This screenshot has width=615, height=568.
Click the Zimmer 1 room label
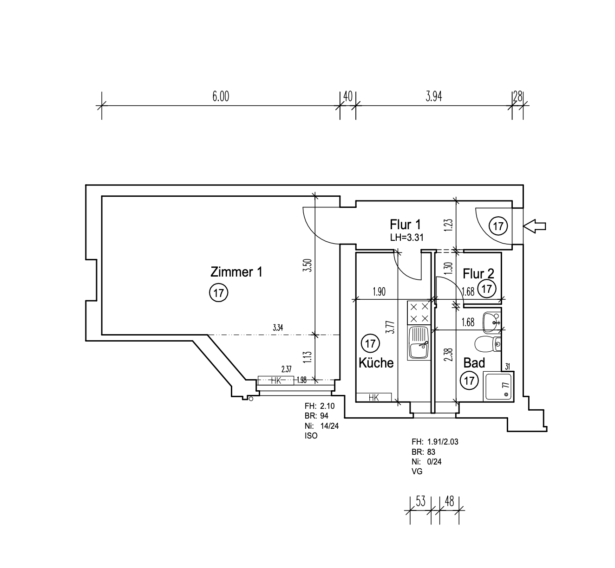coord(236,272)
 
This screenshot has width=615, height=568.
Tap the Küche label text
coord(376,362)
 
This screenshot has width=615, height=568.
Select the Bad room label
coord(474,362)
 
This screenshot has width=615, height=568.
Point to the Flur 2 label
coord(478,273)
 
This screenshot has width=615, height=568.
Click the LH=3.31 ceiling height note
coord(406,237)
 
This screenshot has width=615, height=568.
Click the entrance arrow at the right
coord(535,226)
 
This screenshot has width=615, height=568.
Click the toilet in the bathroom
coord(488,344)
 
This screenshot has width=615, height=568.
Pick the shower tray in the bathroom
coord(498,387)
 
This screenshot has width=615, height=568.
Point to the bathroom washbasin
coord(492,323)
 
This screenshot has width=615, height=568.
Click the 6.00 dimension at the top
coord(221,96)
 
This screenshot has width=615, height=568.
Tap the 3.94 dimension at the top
coord(433,96)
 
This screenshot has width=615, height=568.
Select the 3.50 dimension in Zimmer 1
coord(307,265)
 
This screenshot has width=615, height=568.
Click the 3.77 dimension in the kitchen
coord(392,327)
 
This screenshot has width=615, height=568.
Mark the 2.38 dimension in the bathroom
coord(448,355)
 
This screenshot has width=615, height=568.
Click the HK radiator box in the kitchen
coord(374,397)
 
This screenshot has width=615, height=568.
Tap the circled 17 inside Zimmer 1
coord(219,292)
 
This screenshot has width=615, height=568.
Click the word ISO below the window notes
coord(311,436)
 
